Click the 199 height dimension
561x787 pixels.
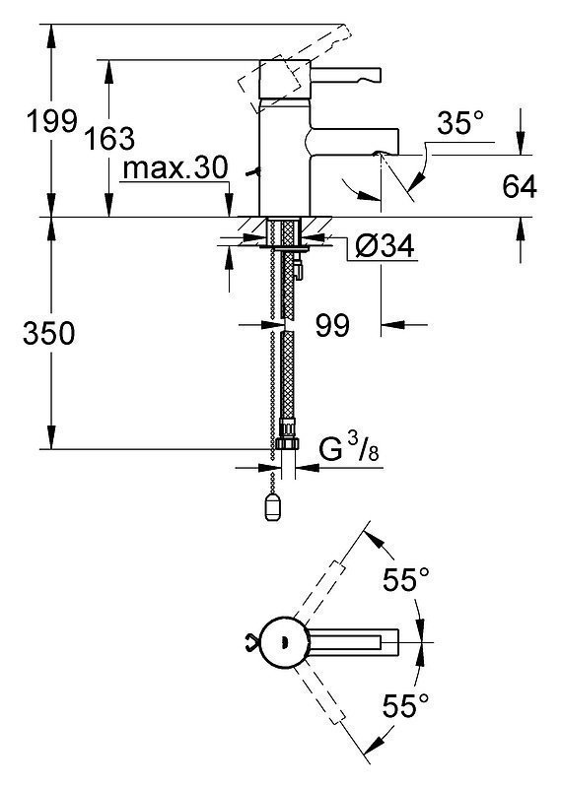pos(52,121)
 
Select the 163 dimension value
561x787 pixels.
pos(109,139)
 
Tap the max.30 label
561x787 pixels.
pos(175,167)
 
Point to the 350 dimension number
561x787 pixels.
pos(48,333)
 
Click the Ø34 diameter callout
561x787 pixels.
pos(385,246)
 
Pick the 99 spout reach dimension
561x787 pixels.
pos(332,325)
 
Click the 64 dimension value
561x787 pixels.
pos(520,186)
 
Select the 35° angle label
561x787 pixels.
pos(460,123)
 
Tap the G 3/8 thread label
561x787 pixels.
pos(349,448)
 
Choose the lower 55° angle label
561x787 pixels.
pos(406,705)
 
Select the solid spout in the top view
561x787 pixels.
pos(354,642)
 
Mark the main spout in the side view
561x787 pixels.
pos(352,141)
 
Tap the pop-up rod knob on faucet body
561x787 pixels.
pos(253,172)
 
